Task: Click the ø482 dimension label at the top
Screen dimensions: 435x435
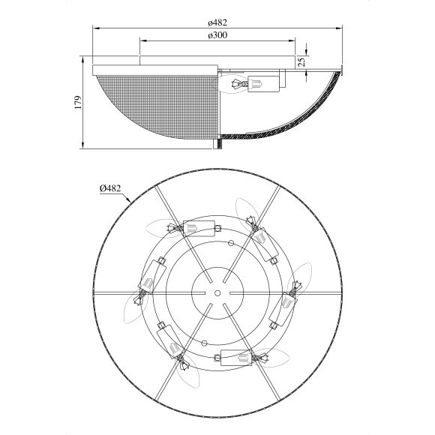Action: tap(217, 22)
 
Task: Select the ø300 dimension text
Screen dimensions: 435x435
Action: tap(217, 35)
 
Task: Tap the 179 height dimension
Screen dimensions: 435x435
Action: tap(79, 102)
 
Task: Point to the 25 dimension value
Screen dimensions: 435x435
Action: tap(301, 61)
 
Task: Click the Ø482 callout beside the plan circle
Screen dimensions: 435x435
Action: tap(110, 188)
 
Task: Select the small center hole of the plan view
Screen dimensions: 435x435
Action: tap(217, 293)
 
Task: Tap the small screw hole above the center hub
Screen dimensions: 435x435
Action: tap(231, 243)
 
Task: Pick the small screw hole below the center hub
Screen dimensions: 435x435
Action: tap(205, 343)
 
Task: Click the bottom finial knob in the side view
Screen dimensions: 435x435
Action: tap(217, 144)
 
